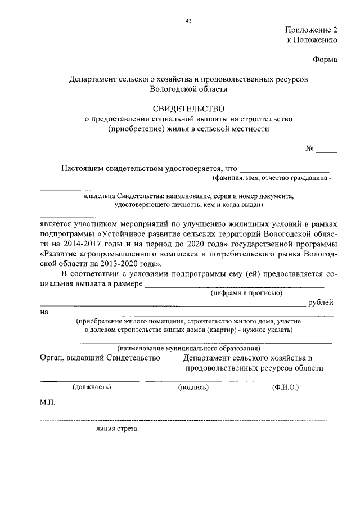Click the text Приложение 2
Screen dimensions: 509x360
pyautogui.click(x=311, y=30)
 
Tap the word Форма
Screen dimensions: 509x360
pyautogui.click(x=325, y=60)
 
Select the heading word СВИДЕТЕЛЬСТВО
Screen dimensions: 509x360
pyautogui.click(x=188, y=108)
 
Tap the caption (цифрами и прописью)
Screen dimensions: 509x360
pyautogui.click(x=246, y=293)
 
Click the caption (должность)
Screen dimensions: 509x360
pyautogui.click(x=92, y=387)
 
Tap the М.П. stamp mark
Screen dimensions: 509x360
pyautogui.click(x=47, y=403)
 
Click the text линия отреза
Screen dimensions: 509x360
pyautogui.click(x=116, y=428)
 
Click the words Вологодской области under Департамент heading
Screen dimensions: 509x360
pyautogui.click(x=188, y=89)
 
